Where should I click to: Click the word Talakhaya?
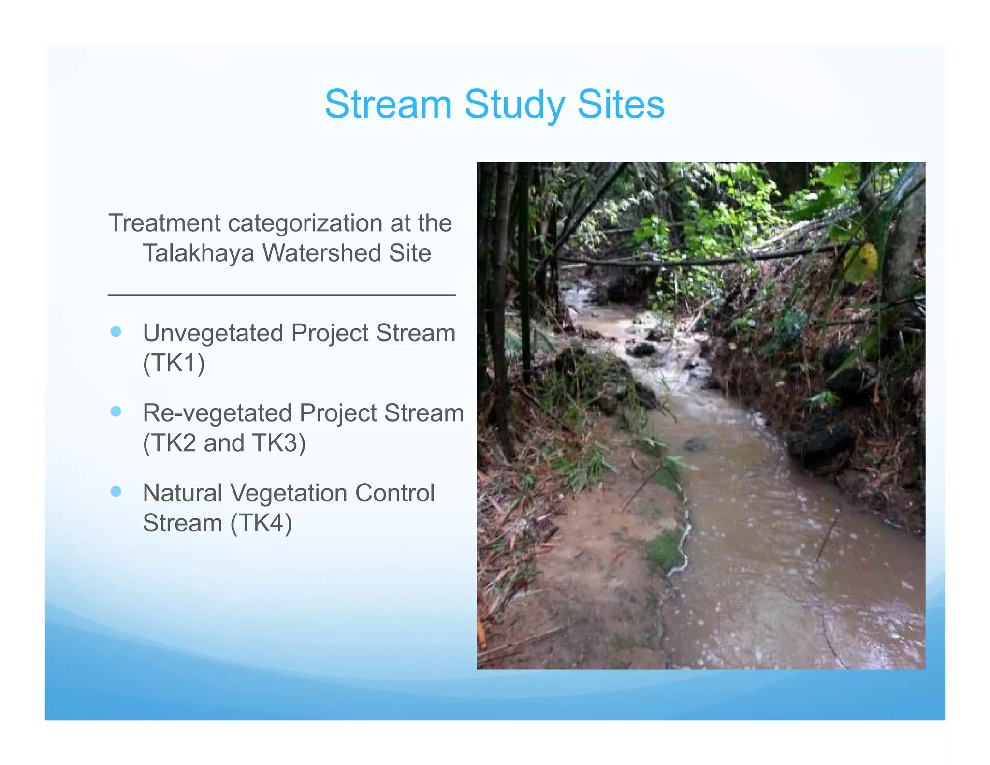click(198, 253)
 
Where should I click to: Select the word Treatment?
click(164, 223)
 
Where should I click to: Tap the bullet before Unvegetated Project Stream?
click(116, 332)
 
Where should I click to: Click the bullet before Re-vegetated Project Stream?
click(116, 412)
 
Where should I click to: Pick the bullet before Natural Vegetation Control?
click(116, 492)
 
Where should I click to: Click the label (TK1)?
click(174, 363)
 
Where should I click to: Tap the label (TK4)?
click(261, 523)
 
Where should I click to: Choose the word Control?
click(395, 493)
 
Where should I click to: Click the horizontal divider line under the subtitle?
click(281, 295)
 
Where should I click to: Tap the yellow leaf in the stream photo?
click(861, 263)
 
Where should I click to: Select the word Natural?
click(183, 493)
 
